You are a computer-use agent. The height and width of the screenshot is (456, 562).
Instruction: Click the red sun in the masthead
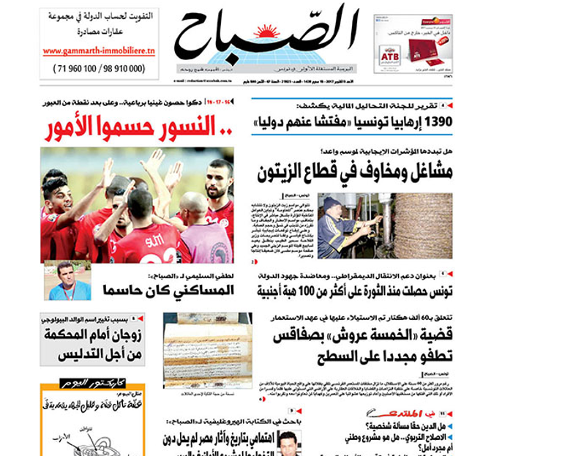click(267, 30)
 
